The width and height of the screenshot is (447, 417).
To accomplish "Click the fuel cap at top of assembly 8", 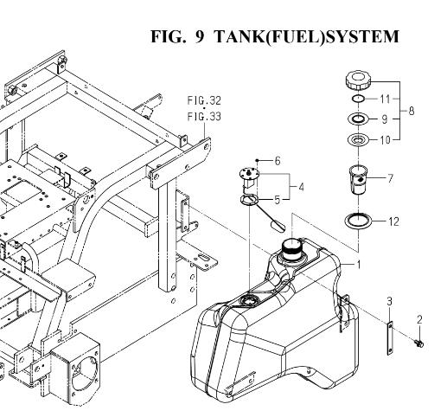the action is [358, 80].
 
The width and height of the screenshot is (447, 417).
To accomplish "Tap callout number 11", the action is [385, 99].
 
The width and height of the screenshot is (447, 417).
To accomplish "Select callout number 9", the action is [385, 119].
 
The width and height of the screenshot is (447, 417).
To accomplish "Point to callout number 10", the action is [385, 140].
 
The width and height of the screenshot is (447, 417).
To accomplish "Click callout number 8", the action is [412, 111].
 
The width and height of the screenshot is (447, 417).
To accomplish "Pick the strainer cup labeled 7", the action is [358, 180].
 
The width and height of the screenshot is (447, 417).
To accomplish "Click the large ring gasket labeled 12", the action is [358, 221].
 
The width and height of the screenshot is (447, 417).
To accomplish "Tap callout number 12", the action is [393, 221].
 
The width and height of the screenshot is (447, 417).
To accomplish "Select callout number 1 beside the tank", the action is [359, 265].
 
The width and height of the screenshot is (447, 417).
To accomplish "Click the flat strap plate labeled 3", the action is [390, 338].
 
